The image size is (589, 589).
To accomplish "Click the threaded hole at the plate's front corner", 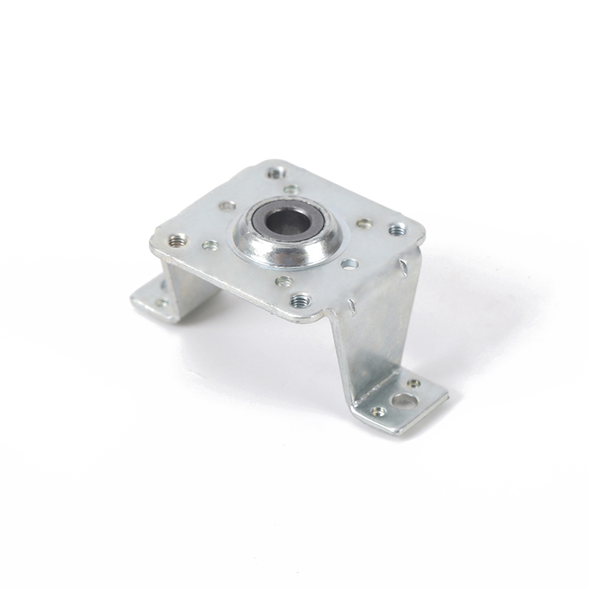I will [300, 300].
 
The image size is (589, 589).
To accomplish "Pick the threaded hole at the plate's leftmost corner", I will [177, 240].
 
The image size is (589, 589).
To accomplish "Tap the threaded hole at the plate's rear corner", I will [275, 174].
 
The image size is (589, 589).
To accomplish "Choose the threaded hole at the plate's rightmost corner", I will [396, 230].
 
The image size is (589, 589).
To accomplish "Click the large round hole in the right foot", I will [403, 401].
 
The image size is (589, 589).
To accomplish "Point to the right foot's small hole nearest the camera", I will [378, 412].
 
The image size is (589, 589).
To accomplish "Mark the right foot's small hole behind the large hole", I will [415, 384].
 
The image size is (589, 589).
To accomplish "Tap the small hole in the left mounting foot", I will [161, 302].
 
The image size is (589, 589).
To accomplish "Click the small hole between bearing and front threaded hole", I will [283, 281].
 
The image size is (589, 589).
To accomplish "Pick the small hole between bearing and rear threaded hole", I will [292, 189].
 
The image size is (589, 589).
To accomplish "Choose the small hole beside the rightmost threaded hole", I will [364, 223].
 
